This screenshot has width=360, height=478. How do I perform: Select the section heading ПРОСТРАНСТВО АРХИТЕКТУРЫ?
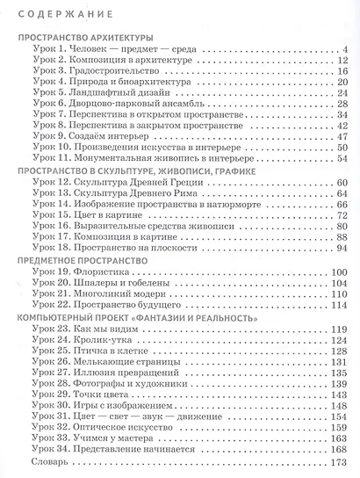pyautogui.click(x=86, y=38)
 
